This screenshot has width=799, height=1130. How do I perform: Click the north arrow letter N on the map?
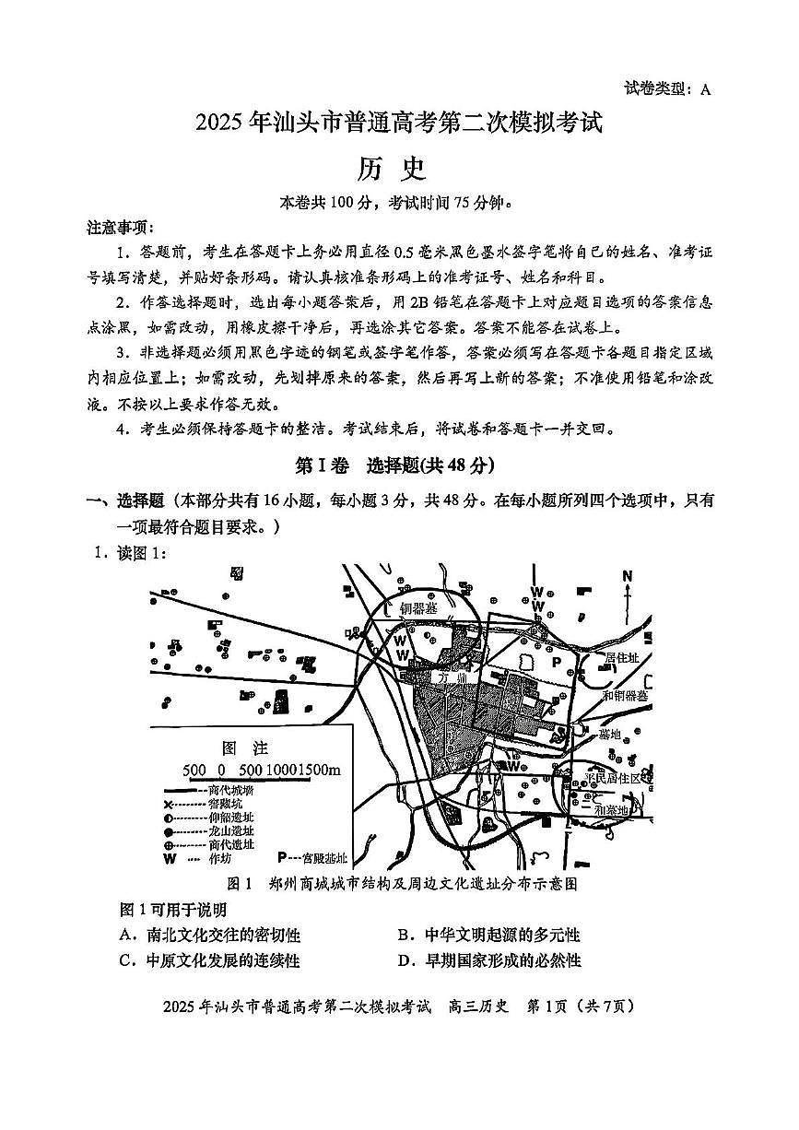(628, 577)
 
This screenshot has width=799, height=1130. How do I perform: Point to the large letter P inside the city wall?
(556, 662)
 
